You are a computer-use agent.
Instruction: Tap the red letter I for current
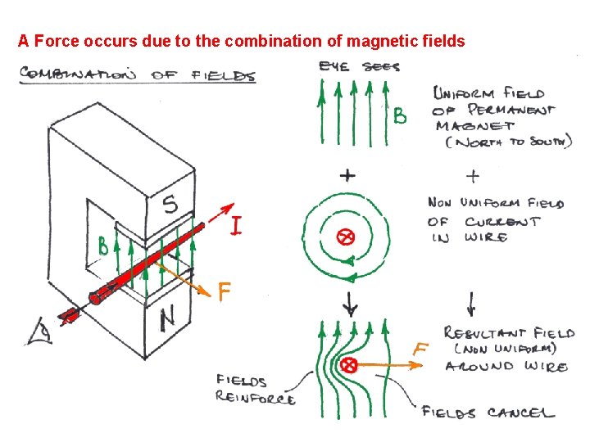tap(235, 226)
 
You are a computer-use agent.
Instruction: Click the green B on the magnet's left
tap(103, 245)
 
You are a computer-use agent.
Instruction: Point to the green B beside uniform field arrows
tap(399, 117)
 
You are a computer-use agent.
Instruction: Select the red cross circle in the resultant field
tap(349, 364)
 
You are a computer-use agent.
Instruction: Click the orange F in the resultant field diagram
tap(420, 350)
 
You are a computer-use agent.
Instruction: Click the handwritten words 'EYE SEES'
tap(360, 66)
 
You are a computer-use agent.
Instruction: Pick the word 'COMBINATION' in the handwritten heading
tap(79, 74)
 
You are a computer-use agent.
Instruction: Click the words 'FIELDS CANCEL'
tap(488, 412)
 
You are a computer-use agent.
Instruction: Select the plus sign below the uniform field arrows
tap(347, 174)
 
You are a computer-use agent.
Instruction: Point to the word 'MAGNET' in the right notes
tap(475, 126)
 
